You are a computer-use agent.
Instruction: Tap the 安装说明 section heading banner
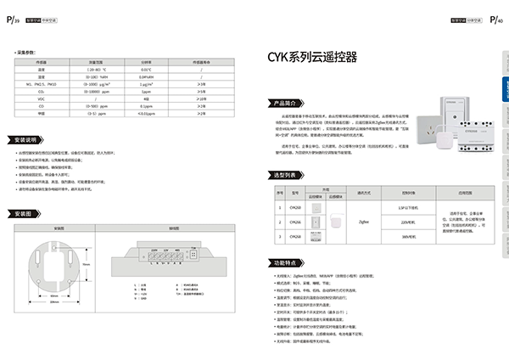click(x=27, y=139)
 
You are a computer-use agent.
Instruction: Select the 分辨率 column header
click(x=146, y=61)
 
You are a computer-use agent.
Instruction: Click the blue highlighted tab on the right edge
click(x=503, y=93)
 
